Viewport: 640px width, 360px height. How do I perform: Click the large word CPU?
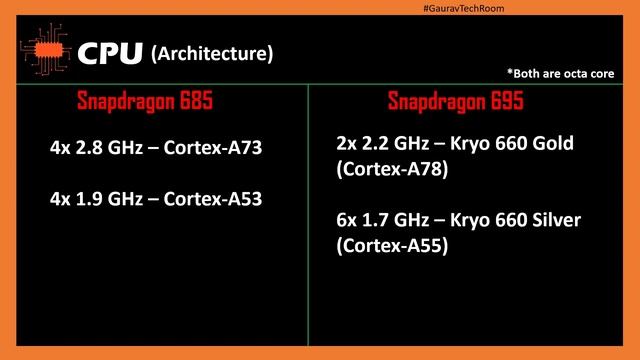pos(111,53)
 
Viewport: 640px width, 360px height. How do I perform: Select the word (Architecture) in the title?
pos(211,53)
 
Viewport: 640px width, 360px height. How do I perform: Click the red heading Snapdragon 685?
pos(144,102)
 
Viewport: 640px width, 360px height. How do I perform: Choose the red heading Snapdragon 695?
pos(455,102)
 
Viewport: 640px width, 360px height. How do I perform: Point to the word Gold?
pos(552,144)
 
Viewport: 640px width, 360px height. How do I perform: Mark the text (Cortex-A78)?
pos(391,169)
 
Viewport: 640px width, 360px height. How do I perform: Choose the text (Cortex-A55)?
pos(391,245)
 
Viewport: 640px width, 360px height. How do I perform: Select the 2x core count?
pos(347,144)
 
